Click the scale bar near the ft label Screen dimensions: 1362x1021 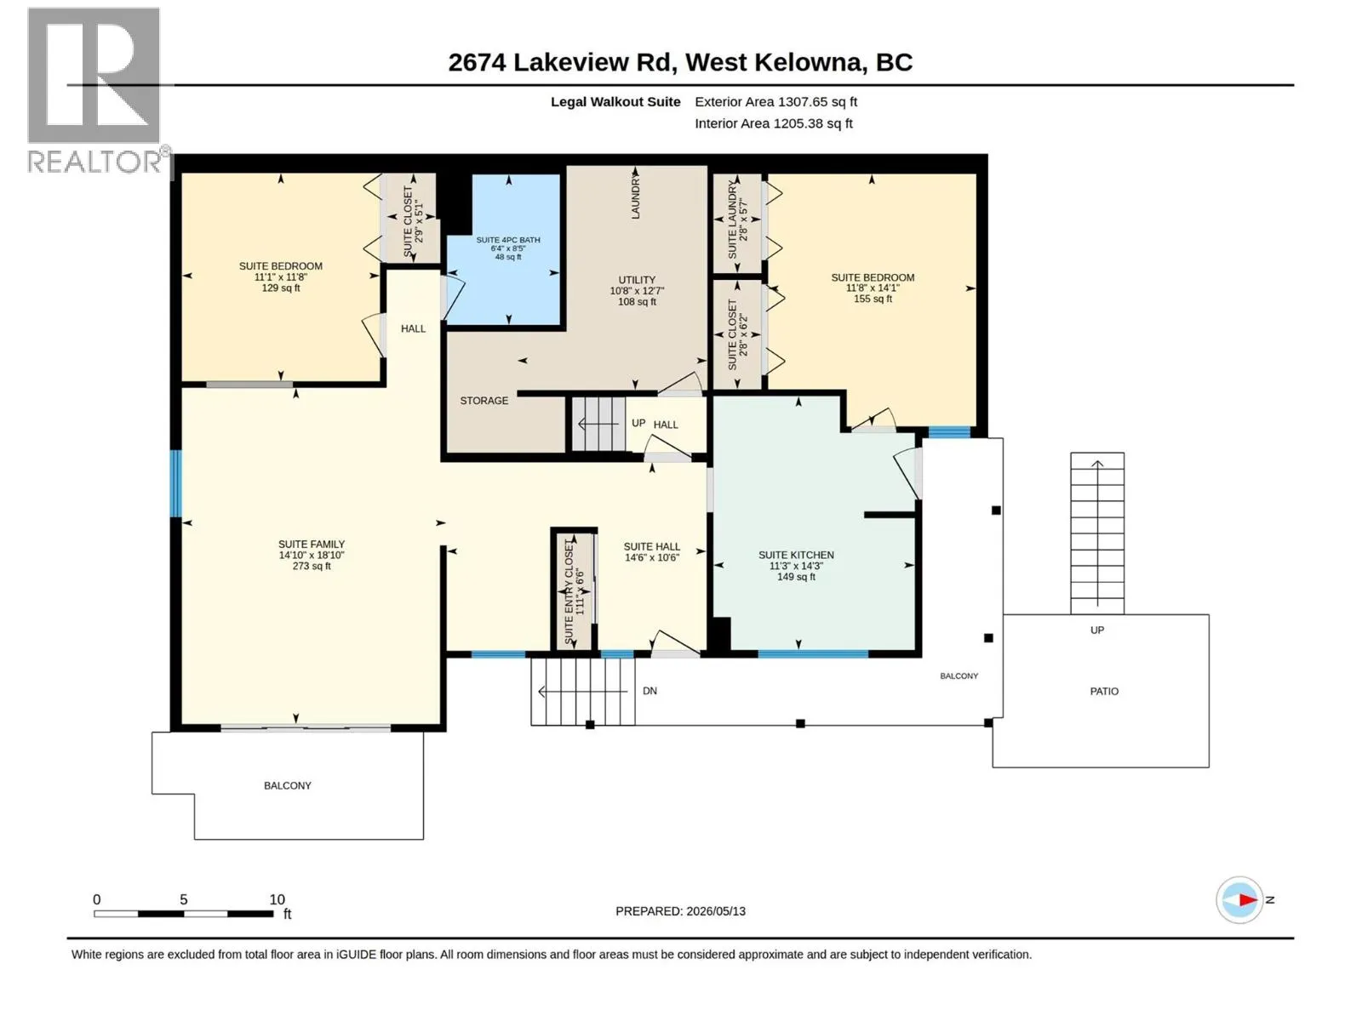click(x=184, y=913)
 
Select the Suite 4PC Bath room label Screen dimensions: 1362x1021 click(x=507, y=248)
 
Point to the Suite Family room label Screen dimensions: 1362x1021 click(x=312, y=555)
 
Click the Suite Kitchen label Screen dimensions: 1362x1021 click(x=796, y=565)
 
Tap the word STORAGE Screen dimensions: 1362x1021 click(x=484, y=401)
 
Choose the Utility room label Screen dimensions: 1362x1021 click(x=637, y=290)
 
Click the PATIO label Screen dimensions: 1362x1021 click(x=1104, y=691)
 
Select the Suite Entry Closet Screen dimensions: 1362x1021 click(x=574, y=592)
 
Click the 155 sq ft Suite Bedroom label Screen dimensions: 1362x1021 click(x=873, y=288)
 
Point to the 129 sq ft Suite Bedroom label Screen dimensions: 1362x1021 click(x=280, y=277)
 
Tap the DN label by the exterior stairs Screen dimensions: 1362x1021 click(x=650, y=691)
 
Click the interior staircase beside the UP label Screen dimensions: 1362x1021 click(x=598, y=424)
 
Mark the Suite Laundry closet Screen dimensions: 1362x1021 click(x=737, y=223)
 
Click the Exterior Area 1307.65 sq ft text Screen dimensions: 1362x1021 click(x=775, y=101)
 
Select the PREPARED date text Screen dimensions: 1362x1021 click(x=680, y=911)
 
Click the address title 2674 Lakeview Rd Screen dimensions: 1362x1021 click(x=680, y=62)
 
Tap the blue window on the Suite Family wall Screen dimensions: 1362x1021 click(x=176, y=483)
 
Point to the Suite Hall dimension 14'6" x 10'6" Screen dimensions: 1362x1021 click(x=651, y=557)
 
